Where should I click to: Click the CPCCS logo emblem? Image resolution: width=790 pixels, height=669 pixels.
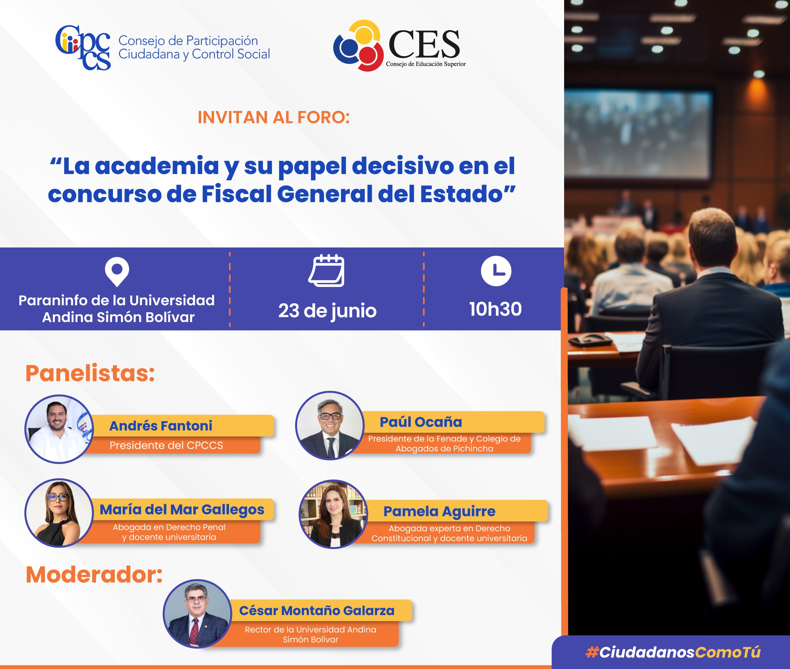pos(83,48)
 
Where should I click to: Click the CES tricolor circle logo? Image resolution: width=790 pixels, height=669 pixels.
pos(358,45)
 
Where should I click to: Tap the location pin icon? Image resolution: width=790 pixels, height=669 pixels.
pos(117,272)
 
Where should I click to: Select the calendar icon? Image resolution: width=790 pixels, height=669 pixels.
pos(326,270)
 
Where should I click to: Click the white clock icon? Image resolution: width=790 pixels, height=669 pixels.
pos(496,271)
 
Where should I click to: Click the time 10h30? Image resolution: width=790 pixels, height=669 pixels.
pos(495,309)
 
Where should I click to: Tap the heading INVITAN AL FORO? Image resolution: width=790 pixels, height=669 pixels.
pos(273,118)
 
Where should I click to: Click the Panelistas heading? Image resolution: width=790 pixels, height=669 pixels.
pos(90,373)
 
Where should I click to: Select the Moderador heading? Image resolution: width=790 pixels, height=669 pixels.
pos(94,575)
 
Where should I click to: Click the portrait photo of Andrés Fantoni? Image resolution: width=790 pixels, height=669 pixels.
pos(59,429)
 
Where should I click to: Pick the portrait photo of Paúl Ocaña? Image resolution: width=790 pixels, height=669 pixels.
pos(330,426)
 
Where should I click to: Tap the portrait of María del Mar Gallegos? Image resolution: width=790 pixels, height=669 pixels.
pos(59,513)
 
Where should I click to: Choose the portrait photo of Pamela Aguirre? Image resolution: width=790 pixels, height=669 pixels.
pos(333,514)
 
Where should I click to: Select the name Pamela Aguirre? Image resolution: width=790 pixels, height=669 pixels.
pos(439,512)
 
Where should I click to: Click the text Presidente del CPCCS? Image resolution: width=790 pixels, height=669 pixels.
pos(166,445)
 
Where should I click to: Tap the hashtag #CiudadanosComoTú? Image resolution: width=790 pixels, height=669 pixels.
pos(673,652)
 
